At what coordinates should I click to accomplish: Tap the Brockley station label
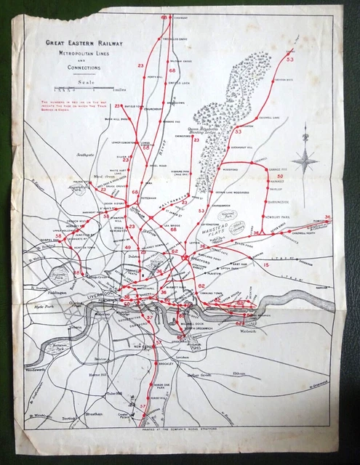coord(166,363)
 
